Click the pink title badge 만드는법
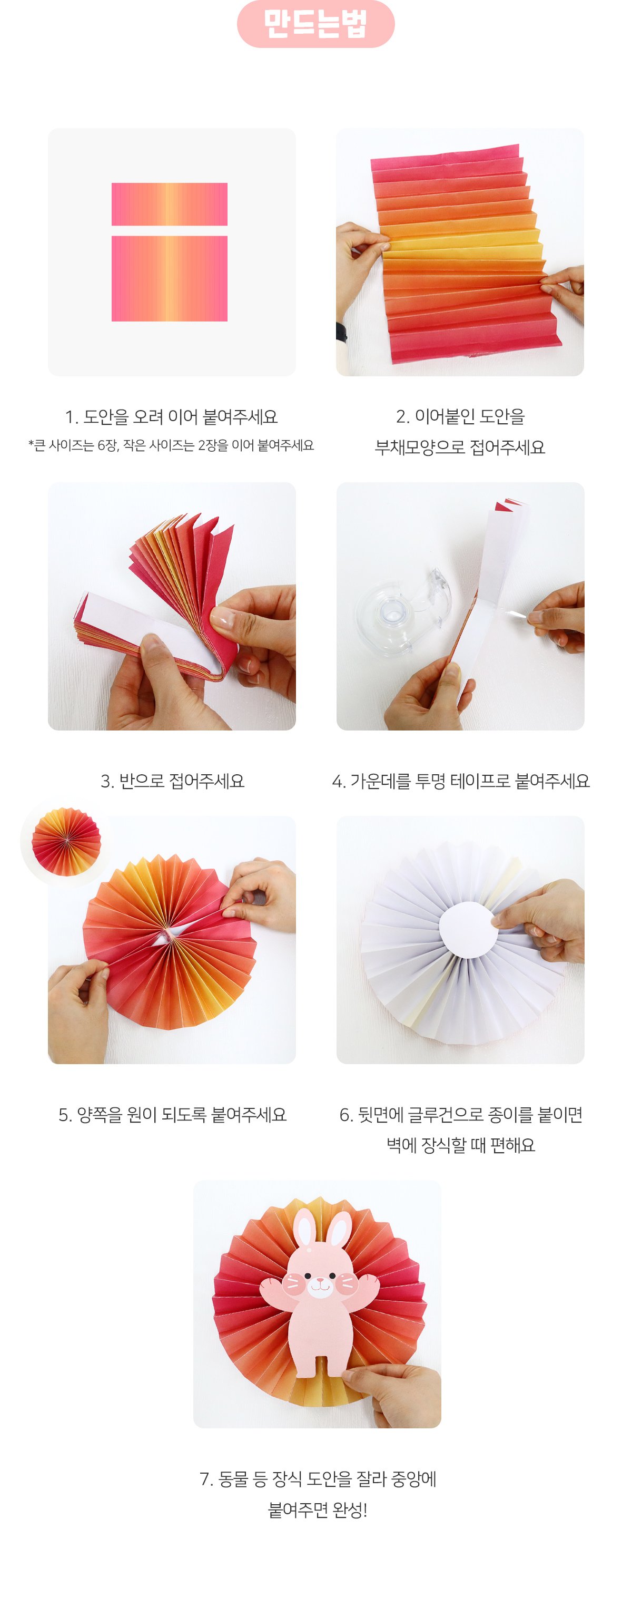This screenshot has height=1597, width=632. pos(315,24)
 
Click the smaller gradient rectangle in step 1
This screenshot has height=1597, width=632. pos(169,204)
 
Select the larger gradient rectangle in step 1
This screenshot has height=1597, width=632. pos(169,278)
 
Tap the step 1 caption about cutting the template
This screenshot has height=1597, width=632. pos(171,416)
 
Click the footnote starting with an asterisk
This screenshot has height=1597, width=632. pos(171,445)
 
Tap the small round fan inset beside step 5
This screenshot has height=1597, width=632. pos(66,841)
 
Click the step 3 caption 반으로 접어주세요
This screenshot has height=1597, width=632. pos(172,781)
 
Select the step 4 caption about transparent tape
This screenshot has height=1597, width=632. pos(460,781)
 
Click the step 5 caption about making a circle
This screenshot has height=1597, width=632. pos(172,1114)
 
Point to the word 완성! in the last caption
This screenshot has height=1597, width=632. pos(350,1510)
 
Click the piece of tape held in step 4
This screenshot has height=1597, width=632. pos(516,613)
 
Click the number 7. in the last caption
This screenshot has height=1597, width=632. pos(206,1479)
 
